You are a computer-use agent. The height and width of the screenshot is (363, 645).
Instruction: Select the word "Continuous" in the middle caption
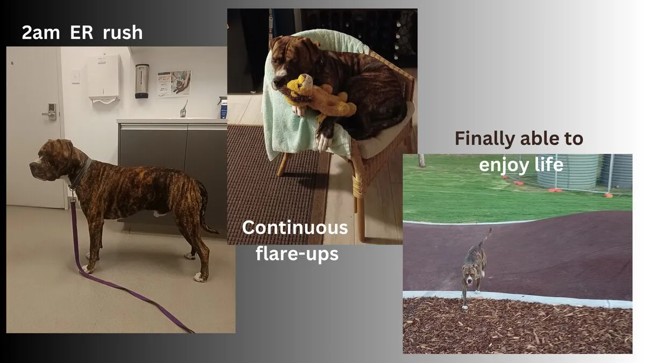(x=295, y=227)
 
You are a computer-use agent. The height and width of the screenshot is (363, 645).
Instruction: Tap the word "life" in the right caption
(x=549, y=165)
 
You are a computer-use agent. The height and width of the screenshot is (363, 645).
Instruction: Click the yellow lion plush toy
(x=318, y=97)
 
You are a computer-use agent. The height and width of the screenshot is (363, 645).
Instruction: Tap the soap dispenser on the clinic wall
(x=142, y=81)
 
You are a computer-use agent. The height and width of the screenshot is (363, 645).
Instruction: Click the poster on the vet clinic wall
(x=174, y=83)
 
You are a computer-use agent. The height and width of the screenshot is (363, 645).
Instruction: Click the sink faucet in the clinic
(x=184, y=109)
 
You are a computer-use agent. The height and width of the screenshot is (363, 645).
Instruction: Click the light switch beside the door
(x=76, y=76)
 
